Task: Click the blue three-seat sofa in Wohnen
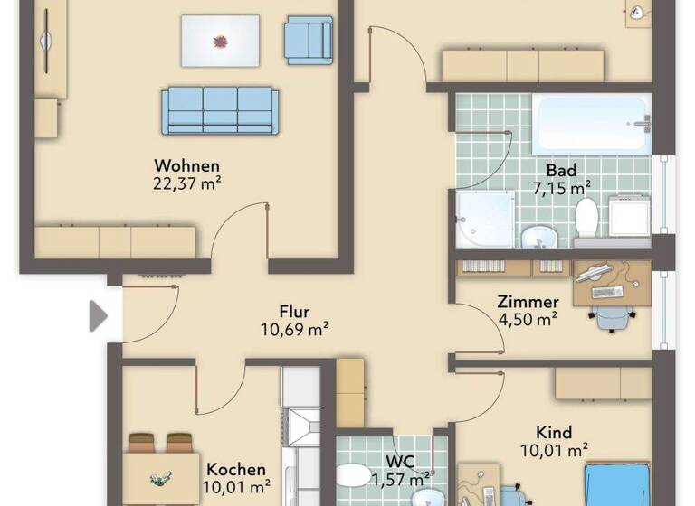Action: coord(219,110)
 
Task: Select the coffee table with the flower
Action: coord(220,41)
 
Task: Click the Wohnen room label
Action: coord(187,165)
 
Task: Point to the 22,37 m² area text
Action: coord(187,183)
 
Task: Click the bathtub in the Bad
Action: coord(592,125)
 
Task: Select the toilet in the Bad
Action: coord(587,220)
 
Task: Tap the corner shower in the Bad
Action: coord(483,220)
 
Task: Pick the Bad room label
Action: coord(561,170)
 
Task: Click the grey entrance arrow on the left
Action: coord(98,316)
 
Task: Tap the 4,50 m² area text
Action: coord(528,318)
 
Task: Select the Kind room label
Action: coord(554,433)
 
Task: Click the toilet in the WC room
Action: coord(353,476)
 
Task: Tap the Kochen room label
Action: coord(236,470)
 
